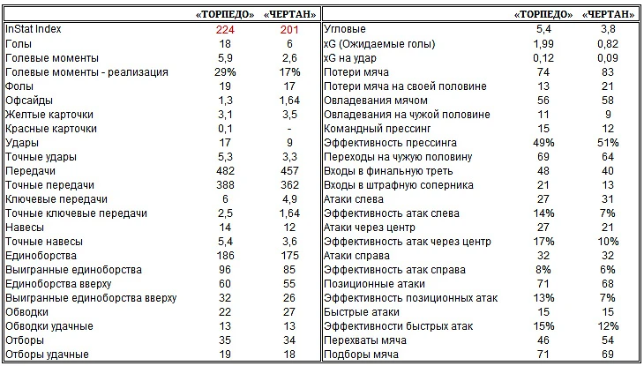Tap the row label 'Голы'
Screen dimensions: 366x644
coord(19,44)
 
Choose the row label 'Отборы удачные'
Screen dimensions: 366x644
coord(47,355)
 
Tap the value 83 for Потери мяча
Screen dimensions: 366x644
coord(609,72)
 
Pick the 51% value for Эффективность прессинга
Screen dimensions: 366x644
coord(609,143)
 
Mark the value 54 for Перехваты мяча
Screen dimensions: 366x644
coord(609,340)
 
